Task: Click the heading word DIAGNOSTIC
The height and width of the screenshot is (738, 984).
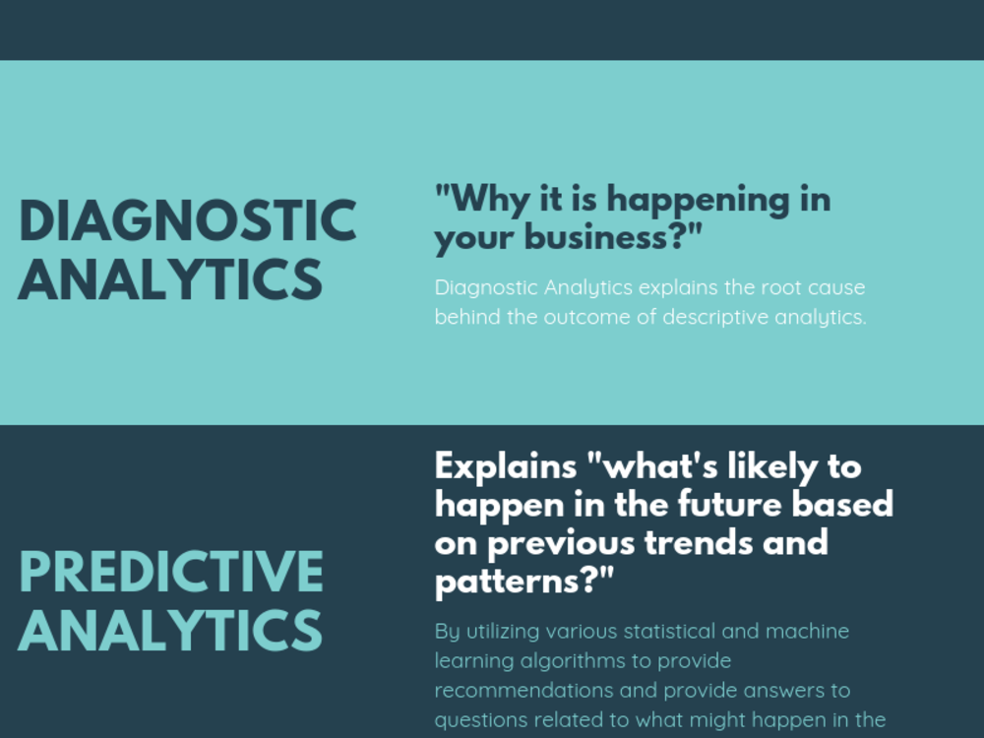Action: (187, 221)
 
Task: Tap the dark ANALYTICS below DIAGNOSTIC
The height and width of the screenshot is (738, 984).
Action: (170, 279)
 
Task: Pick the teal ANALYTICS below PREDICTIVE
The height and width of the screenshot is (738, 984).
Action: (170, 630)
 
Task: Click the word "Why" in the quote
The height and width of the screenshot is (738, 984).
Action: (480, 200)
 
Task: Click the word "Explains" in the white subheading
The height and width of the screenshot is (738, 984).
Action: (503, 465)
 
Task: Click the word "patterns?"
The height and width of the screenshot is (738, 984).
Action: (523, 581)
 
